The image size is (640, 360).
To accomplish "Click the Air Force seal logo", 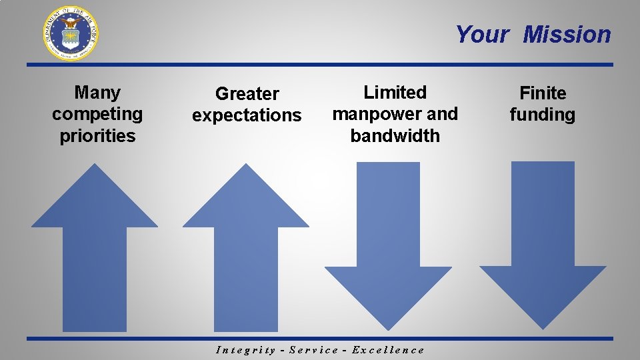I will tap(71, 33).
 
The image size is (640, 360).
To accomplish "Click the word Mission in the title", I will tap(567, 34).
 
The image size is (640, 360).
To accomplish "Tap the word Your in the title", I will tap(482, 34).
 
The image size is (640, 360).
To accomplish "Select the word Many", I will tap(97, 92).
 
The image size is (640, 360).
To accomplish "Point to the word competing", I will tap(97, 114).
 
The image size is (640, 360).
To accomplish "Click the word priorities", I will tap(97, 135).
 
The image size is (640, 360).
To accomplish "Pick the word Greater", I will tap(247, 93).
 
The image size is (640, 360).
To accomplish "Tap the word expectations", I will tap(247, 115).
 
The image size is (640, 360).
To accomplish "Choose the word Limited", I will tap(395, 92).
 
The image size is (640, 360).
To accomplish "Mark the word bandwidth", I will tap(395, 135).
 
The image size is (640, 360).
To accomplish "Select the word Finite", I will tap(543, 93).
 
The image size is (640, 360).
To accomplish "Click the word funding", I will tap(543, 114).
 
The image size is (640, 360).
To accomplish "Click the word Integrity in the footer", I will tap(246, 350).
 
